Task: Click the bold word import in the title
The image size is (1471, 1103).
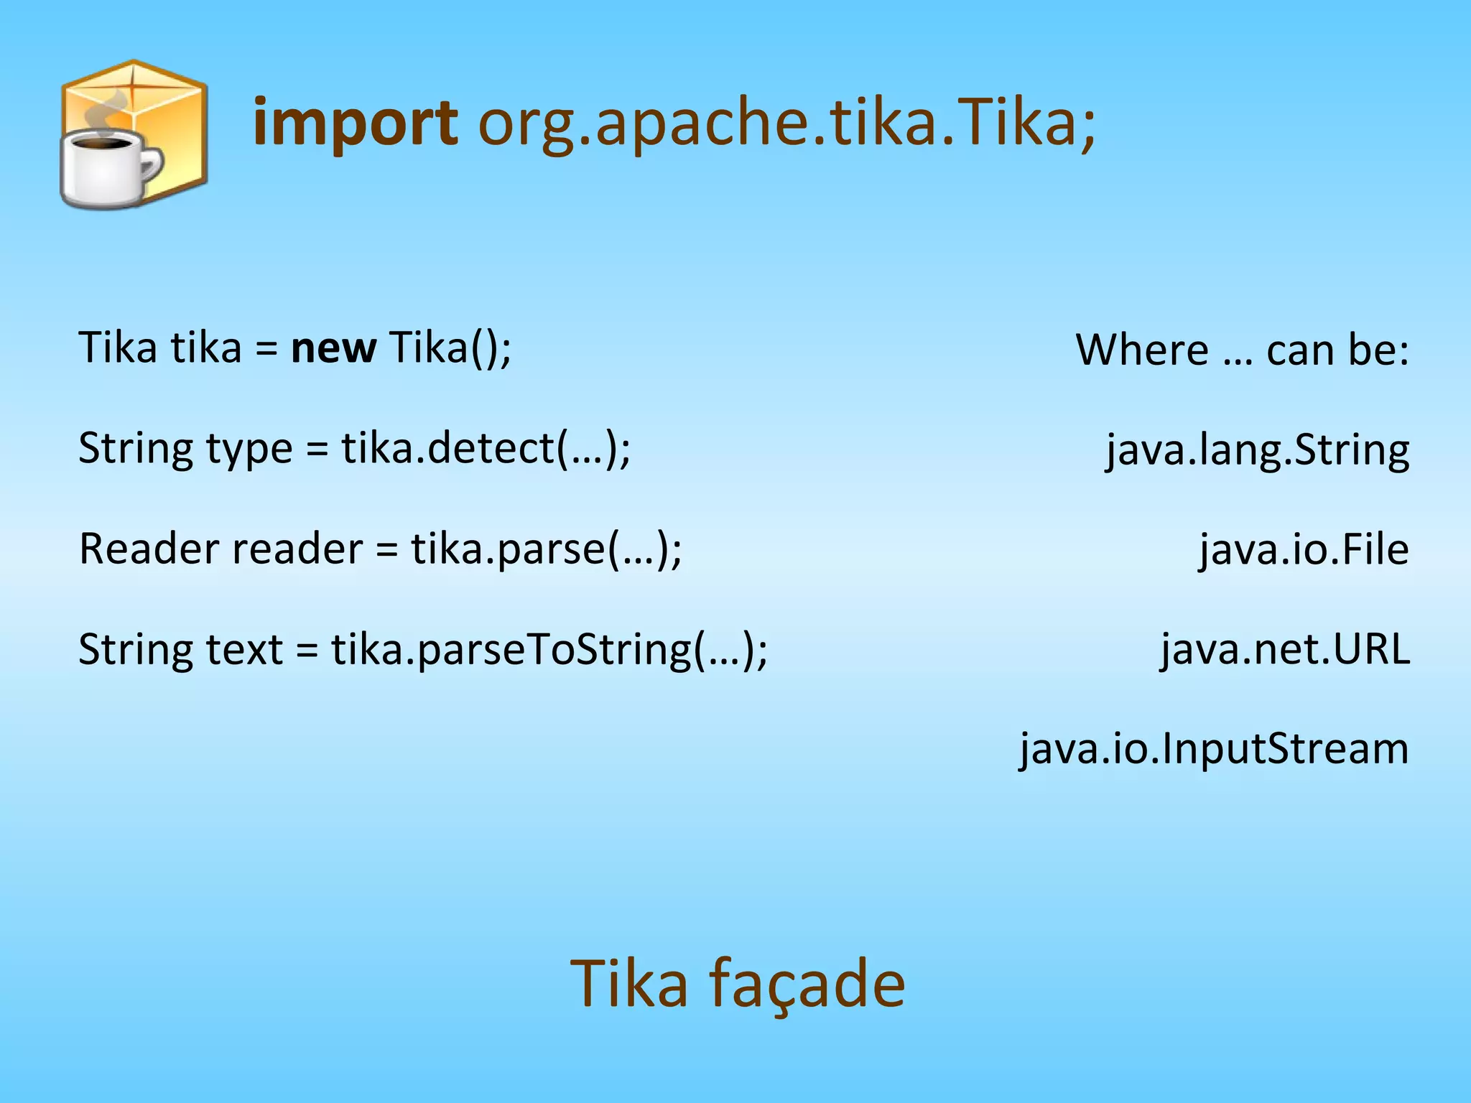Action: point(355,124)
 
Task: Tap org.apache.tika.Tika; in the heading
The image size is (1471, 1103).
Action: point(787,124)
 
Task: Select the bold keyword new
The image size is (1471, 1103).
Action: point(333,348)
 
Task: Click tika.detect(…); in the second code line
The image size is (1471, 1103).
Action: point(486,449)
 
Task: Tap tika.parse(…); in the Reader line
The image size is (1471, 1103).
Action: point(546,549)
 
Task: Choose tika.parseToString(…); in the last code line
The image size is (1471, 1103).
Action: point(549,650)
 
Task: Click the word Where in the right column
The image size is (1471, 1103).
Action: point(1142,350)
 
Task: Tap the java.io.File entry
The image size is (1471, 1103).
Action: point(1304,550)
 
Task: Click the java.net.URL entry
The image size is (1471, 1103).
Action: point(1285,650)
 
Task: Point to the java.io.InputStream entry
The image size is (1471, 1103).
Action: point(1214,749)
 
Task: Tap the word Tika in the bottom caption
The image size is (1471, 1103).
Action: point(629,984)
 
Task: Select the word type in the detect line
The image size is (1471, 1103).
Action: point(249,450)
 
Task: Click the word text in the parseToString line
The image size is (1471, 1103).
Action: point(244,650)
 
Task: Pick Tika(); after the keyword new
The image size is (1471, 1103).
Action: point(450,348)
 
